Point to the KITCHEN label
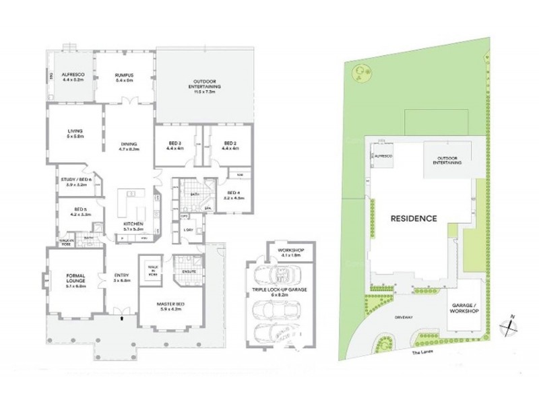(x=132, y=226)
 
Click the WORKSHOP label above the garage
(x=292, y=252)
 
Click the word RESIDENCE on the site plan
(x=412, y=219)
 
